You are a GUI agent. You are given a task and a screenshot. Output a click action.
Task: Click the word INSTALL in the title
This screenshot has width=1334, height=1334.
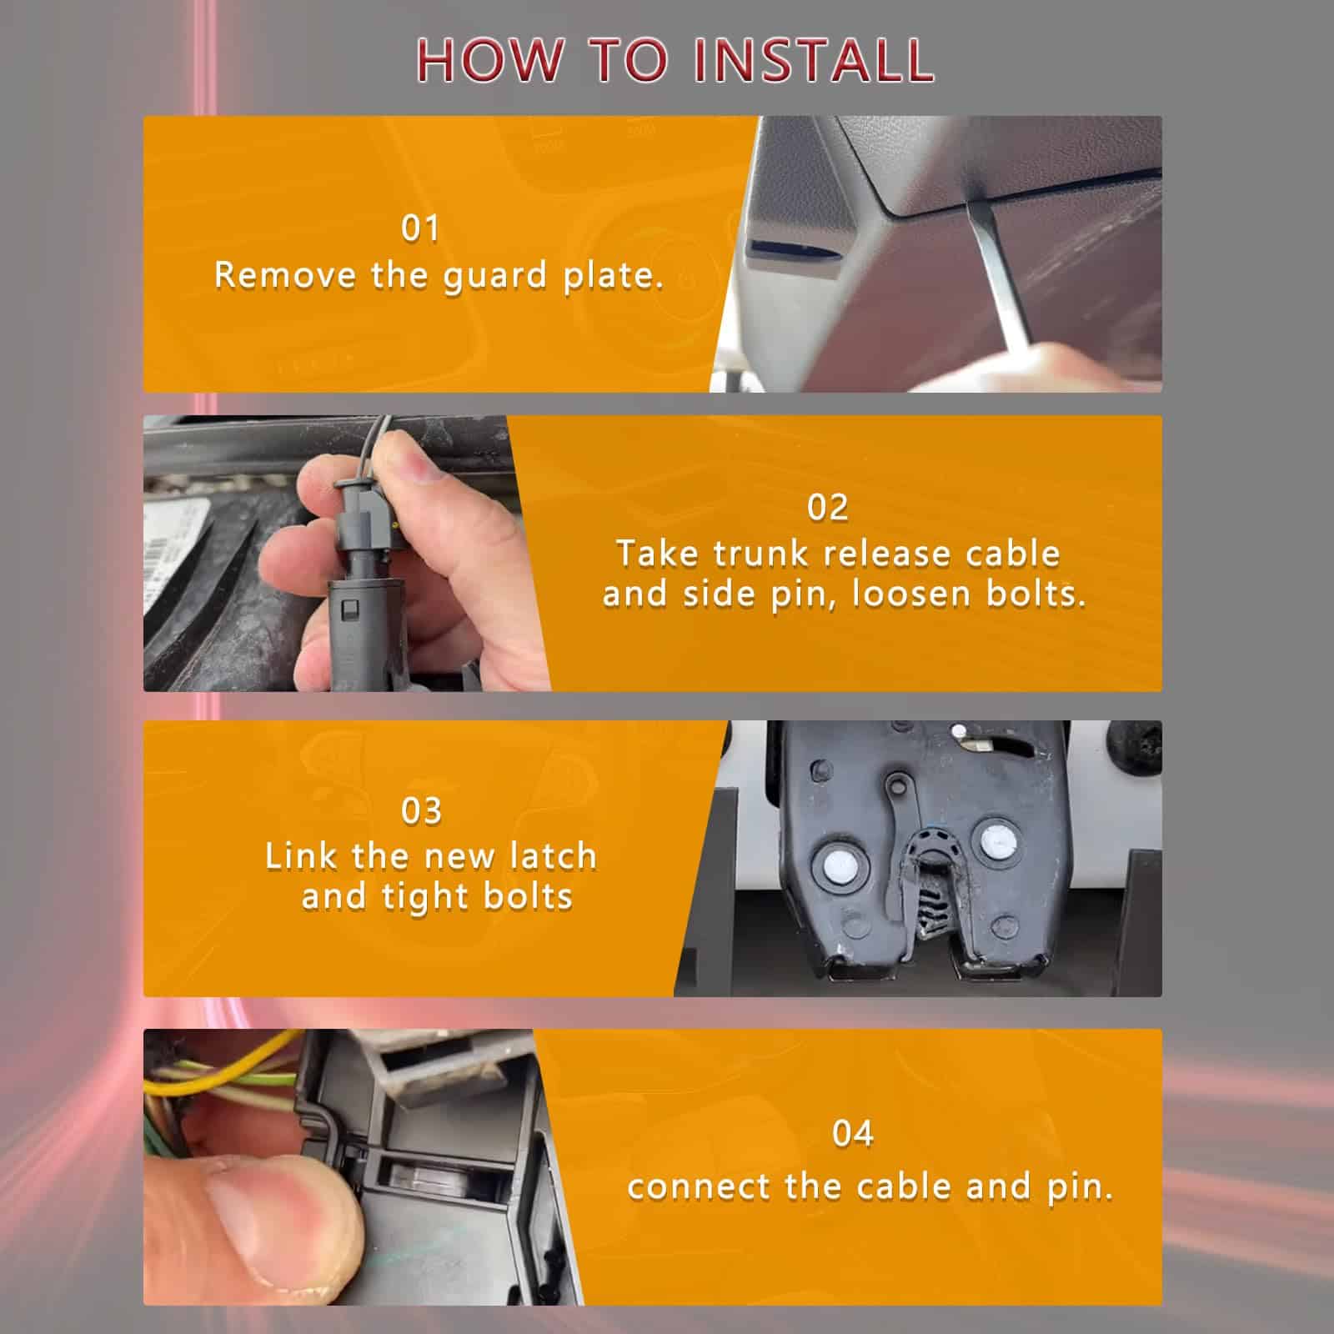(814, 60)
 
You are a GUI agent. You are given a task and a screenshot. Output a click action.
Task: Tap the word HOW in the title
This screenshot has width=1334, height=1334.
(488, 60)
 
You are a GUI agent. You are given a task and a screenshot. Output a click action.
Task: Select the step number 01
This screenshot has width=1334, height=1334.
(419, 228)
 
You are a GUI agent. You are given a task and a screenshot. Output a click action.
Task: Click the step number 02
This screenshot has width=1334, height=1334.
(827, 507)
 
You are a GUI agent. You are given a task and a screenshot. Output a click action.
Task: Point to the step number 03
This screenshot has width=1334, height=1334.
(421, 810)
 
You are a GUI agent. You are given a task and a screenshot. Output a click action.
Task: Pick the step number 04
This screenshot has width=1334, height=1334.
(852, 1133)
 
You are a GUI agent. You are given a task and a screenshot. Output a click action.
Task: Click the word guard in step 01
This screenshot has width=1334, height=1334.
(495, 277)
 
